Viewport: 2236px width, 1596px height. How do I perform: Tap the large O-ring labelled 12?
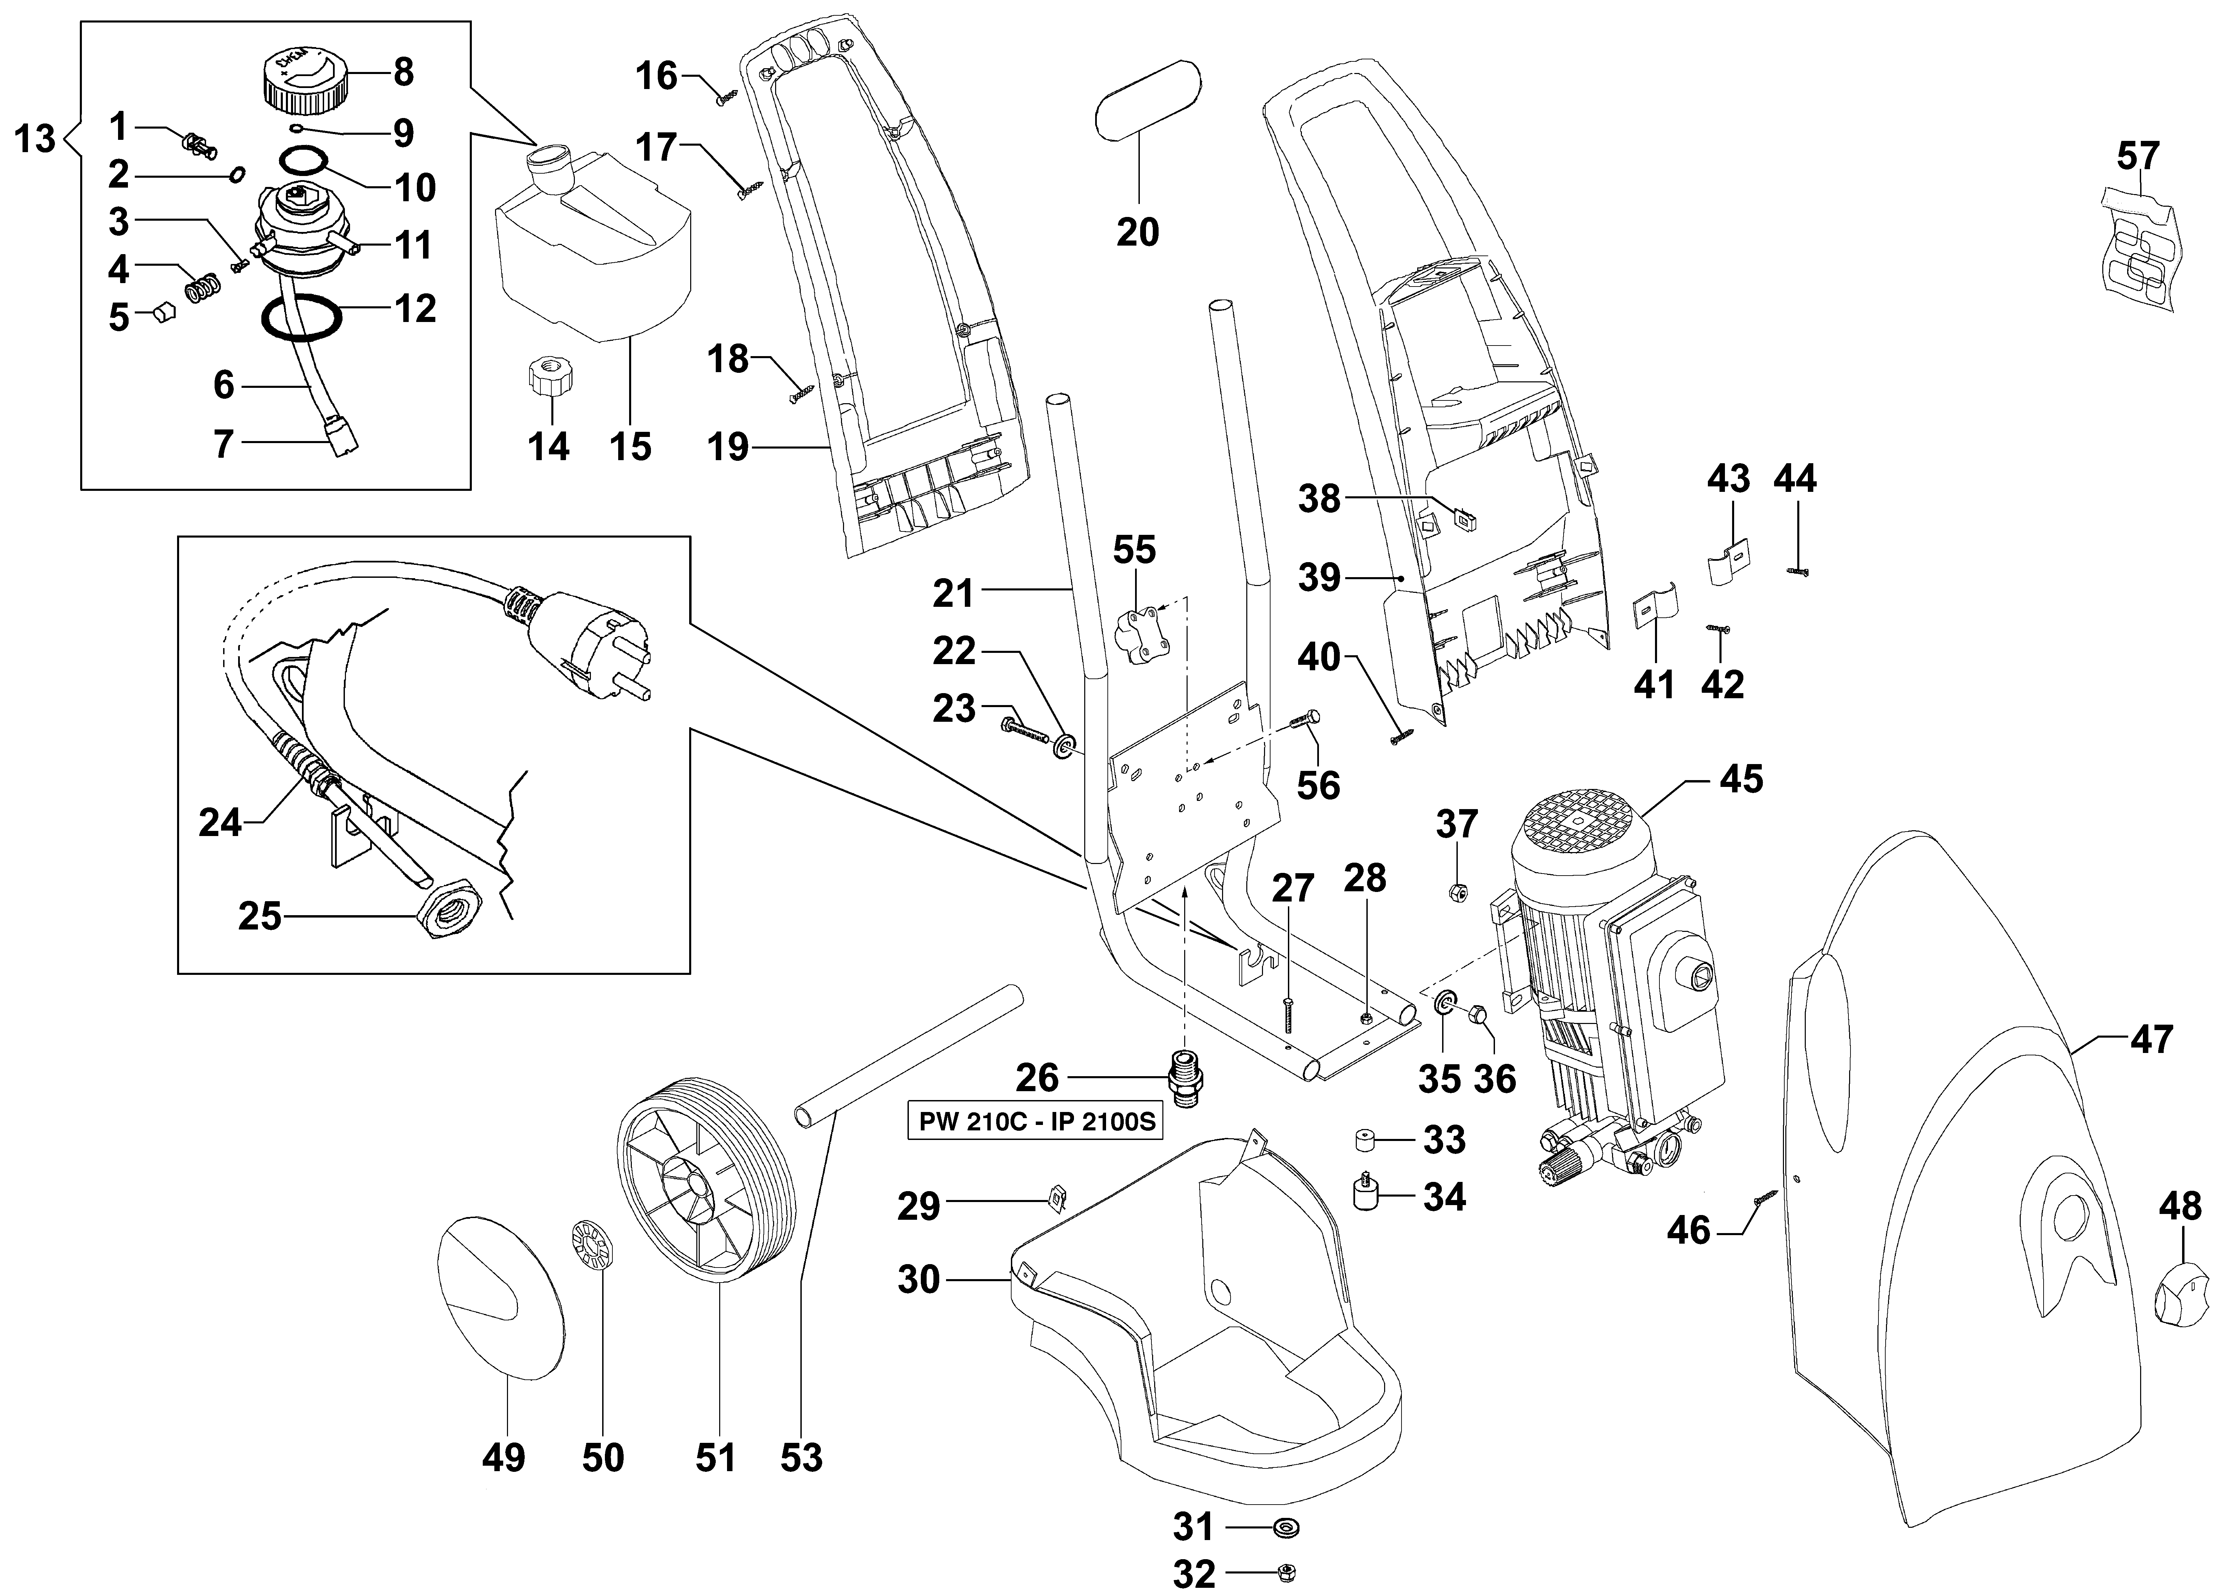click(x=302, y=318)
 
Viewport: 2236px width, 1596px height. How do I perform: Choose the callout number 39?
click(x=1319, y=577)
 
